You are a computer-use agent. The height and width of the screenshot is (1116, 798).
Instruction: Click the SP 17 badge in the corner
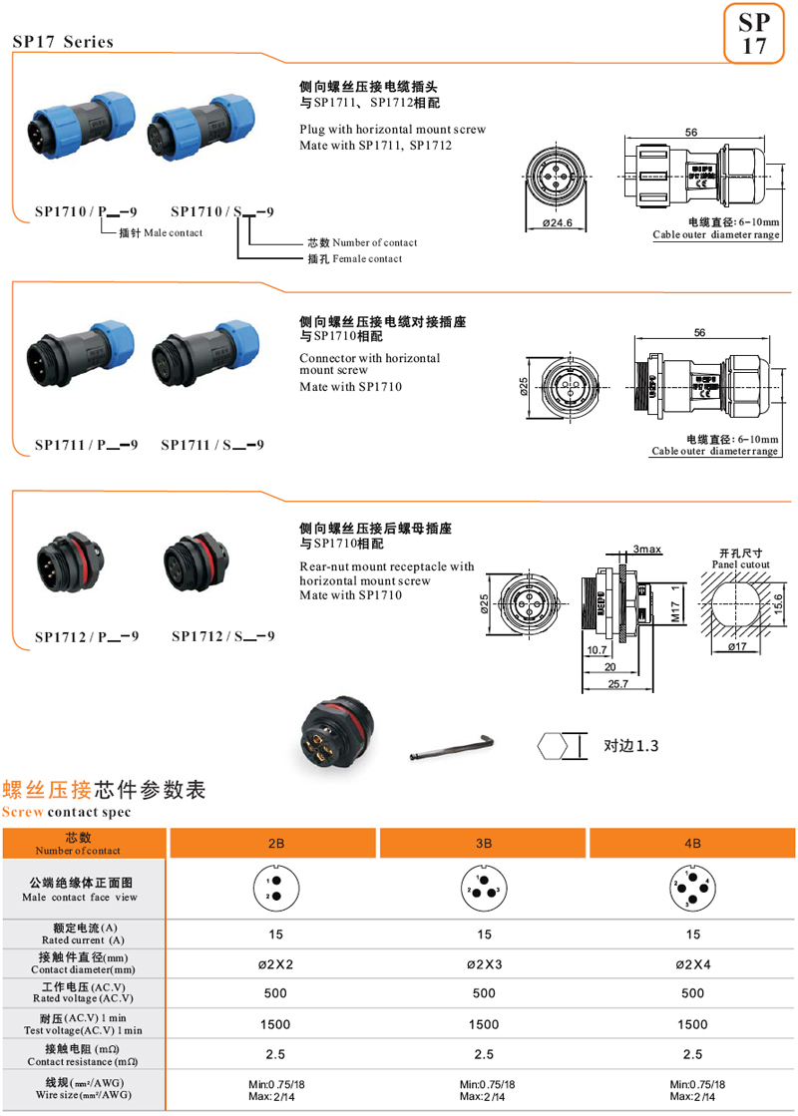[755, 34]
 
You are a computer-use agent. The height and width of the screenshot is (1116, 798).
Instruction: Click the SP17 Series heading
[63, 42]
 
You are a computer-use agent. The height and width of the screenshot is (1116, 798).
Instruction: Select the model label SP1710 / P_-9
[86, 211]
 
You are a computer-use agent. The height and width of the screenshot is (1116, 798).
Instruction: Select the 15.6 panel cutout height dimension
[781, 601]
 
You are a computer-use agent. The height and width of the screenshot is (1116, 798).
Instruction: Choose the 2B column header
[276, 844]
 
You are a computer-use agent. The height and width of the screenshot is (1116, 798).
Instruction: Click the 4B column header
[692, 844]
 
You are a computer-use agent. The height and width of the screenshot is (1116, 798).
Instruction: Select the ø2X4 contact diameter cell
[692, 964]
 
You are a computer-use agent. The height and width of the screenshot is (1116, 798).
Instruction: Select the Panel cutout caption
[740, 563]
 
